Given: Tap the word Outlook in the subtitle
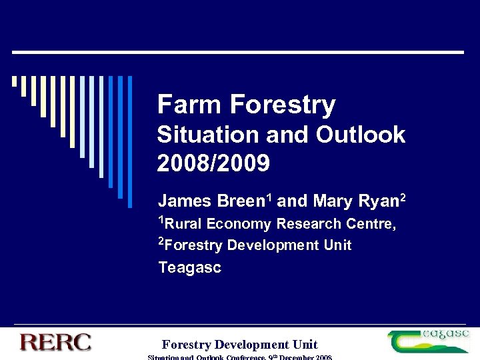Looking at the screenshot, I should (361, 135).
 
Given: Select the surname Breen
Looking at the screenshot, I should (226, 201).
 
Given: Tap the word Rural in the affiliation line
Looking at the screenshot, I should (183, 224).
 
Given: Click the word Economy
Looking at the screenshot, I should (241, 224).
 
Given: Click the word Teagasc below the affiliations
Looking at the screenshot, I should (190, 268).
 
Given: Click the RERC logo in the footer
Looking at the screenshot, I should (55, 343).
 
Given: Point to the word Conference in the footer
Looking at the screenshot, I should (240, 358).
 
